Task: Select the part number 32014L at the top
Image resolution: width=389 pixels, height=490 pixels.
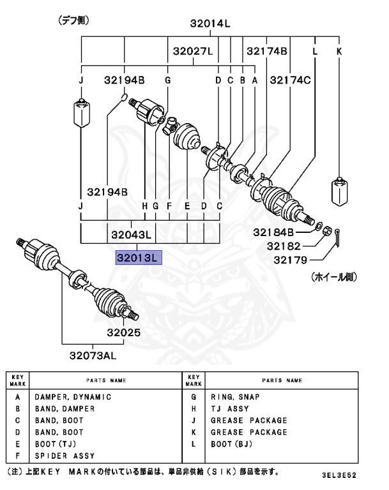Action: click(210, 24)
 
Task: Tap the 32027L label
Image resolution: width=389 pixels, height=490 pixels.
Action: click(188, 51)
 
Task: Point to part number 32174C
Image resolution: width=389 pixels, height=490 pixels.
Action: click(290, 80)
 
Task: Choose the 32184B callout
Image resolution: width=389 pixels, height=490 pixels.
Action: click(273, 232)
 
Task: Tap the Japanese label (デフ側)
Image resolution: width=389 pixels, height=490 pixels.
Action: click(73, 20)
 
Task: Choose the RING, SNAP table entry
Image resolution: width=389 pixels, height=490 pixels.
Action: click(233, 397)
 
